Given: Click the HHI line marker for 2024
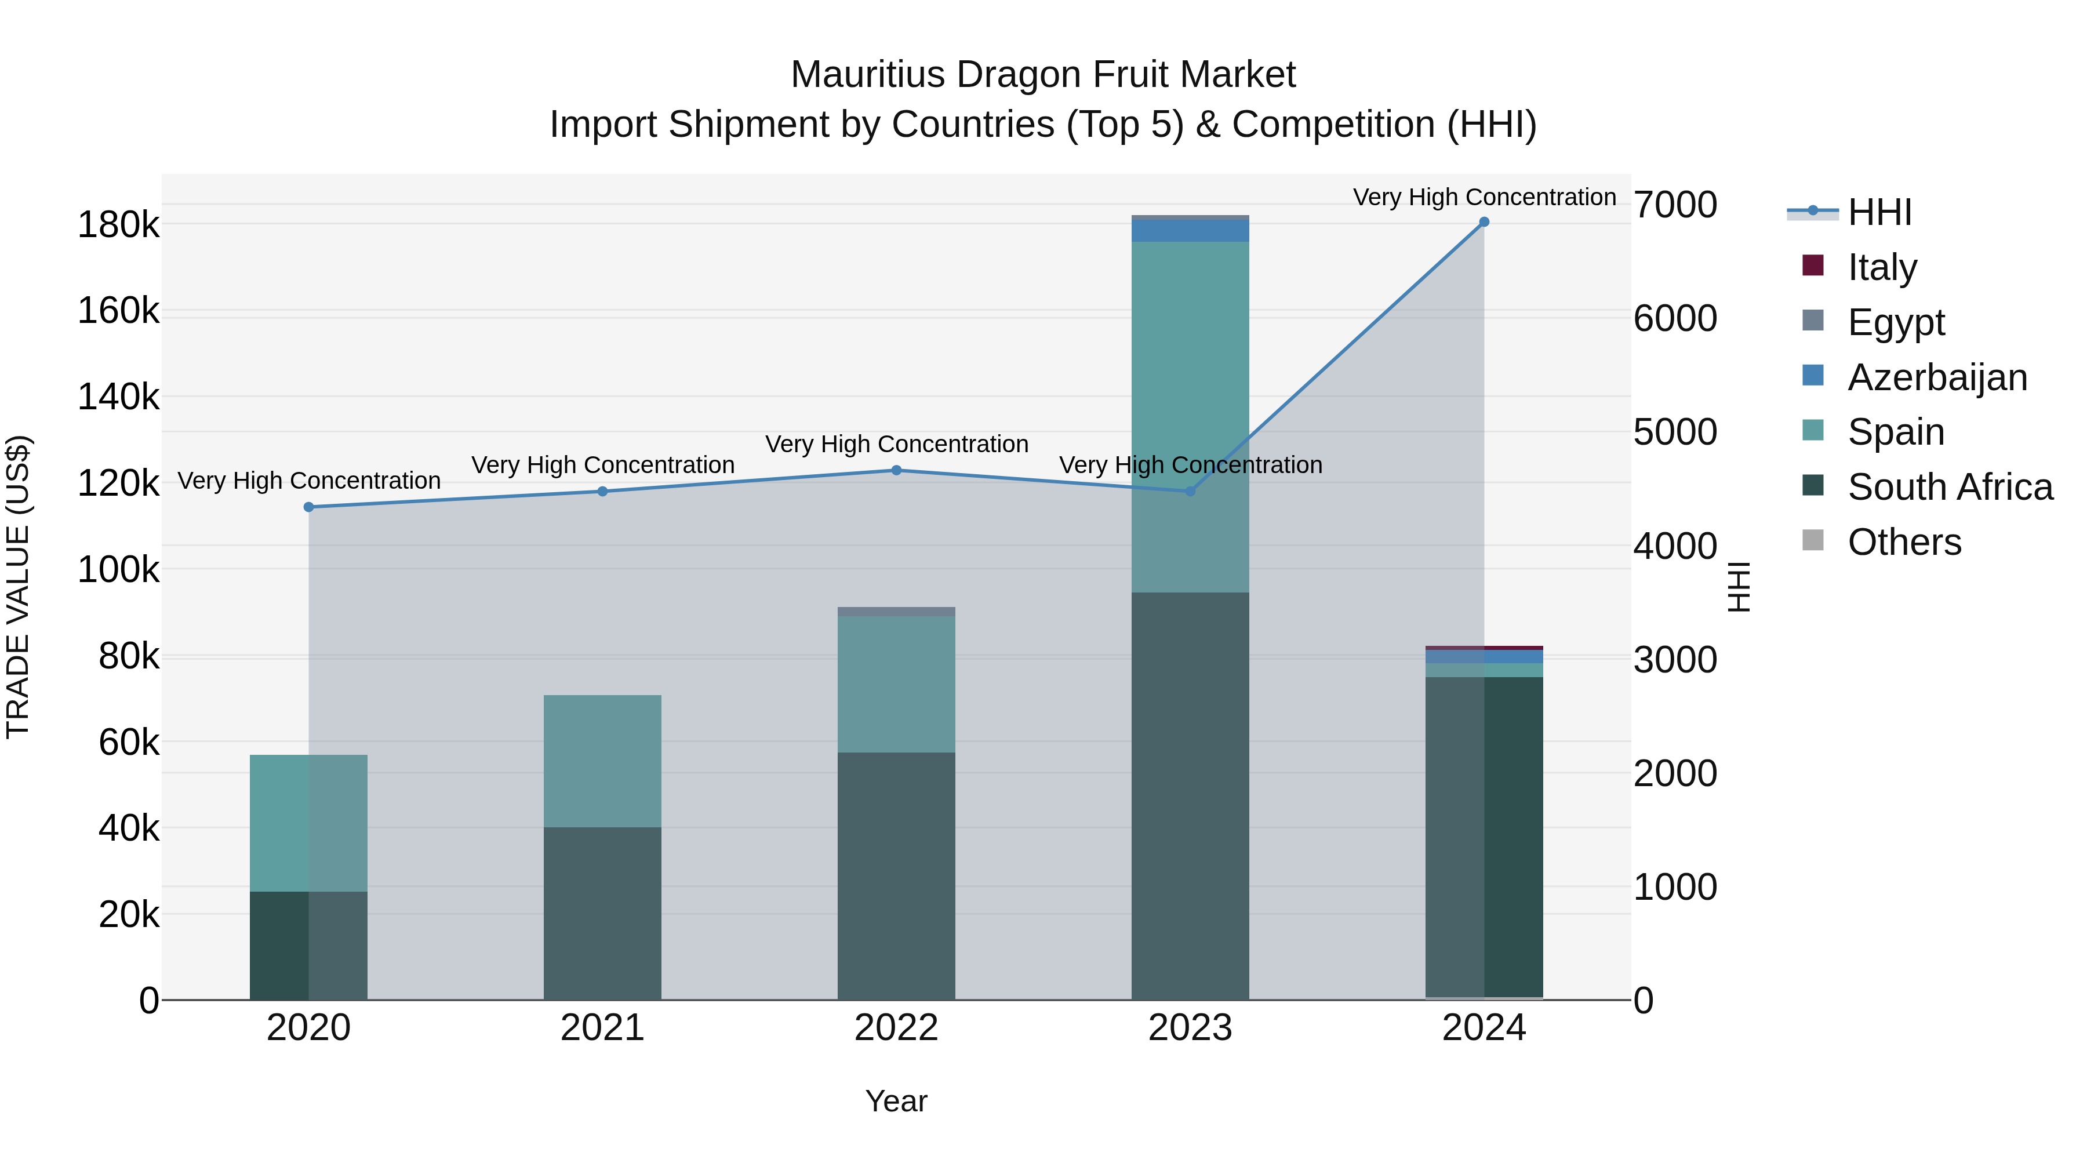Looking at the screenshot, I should pos(1484,222).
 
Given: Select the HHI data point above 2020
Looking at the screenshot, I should pos(308,507).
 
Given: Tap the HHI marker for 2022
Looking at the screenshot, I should pos(896,470).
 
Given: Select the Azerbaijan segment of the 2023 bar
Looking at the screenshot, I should pos(1190,231).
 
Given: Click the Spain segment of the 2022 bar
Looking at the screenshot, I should pos(896,684).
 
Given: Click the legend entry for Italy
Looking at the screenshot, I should pos(1881,267).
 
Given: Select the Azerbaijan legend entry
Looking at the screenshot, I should pos(1936,377).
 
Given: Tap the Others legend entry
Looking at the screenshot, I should pos(1904,542).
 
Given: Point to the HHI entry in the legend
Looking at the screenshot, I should pos(1879,212).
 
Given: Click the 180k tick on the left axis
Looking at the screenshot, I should pos(118,224).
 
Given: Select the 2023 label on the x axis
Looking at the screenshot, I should pos(1190,1027).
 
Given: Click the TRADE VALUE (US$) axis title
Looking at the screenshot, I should pos(18,587).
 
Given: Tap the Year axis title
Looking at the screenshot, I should pos(896,1101).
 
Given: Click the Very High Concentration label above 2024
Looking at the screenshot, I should pos(1484,197).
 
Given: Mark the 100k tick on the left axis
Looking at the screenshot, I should pos(118,569).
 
